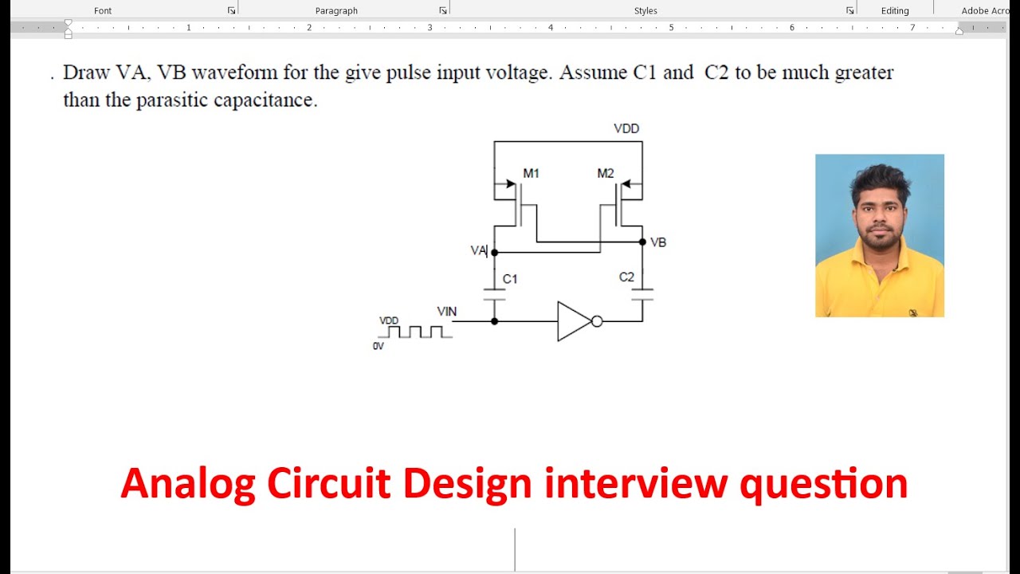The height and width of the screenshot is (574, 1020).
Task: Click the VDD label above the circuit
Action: [626, 128]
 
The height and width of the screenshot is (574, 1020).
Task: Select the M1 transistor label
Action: [531, 173]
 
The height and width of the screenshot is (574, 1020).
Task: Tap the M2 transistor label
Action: [606, 173]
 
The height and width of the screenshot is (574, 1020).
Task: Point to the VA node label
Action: [478, 250]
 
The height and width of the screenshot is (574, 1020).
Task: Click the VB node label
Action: [658, 242]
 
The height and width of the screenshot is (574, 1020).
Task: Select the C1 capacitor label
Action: [510, 279]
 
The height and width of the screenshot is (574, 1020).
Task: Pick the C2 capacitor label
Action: [626, 277]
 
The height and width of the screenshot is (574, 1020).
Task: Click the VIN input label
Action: [447, 312]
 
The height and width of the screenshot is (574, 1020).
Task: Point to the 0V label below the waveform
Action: [378, 347]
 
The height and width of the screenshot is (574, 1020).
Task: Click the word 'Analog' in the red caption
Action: [188, 484]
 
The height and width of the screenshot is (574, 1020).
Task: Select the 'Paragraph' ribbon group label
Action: [336, 10]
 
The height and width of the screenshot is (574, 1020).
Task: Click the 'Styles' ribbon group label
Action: [645, 10]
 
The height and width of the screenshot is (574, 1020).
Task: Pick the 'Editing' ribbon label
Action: [895, 10]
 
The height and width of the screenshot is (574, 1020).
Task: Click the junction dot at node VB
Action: [642, 242]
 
